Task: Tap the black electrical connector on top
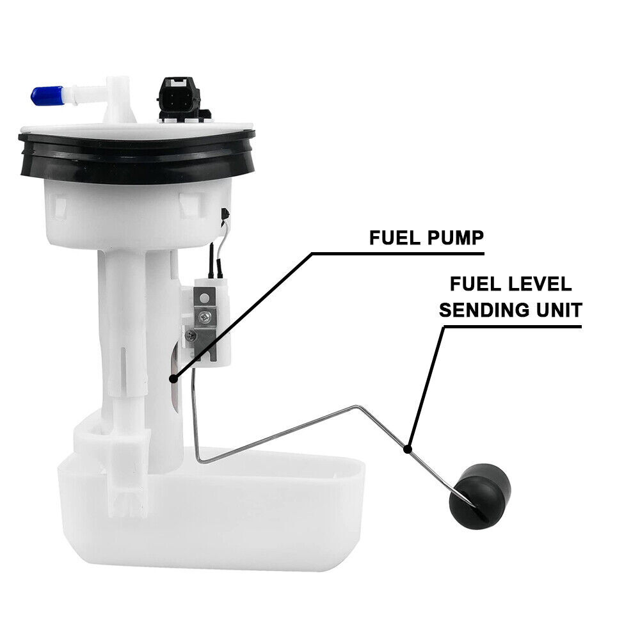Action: coord(177,96)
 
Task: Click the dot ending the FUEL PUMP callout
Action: coord(173,379)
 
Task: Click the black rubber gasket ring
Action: coord(137,156)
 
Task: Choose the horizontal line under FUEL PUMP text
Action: coord(397,253)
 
